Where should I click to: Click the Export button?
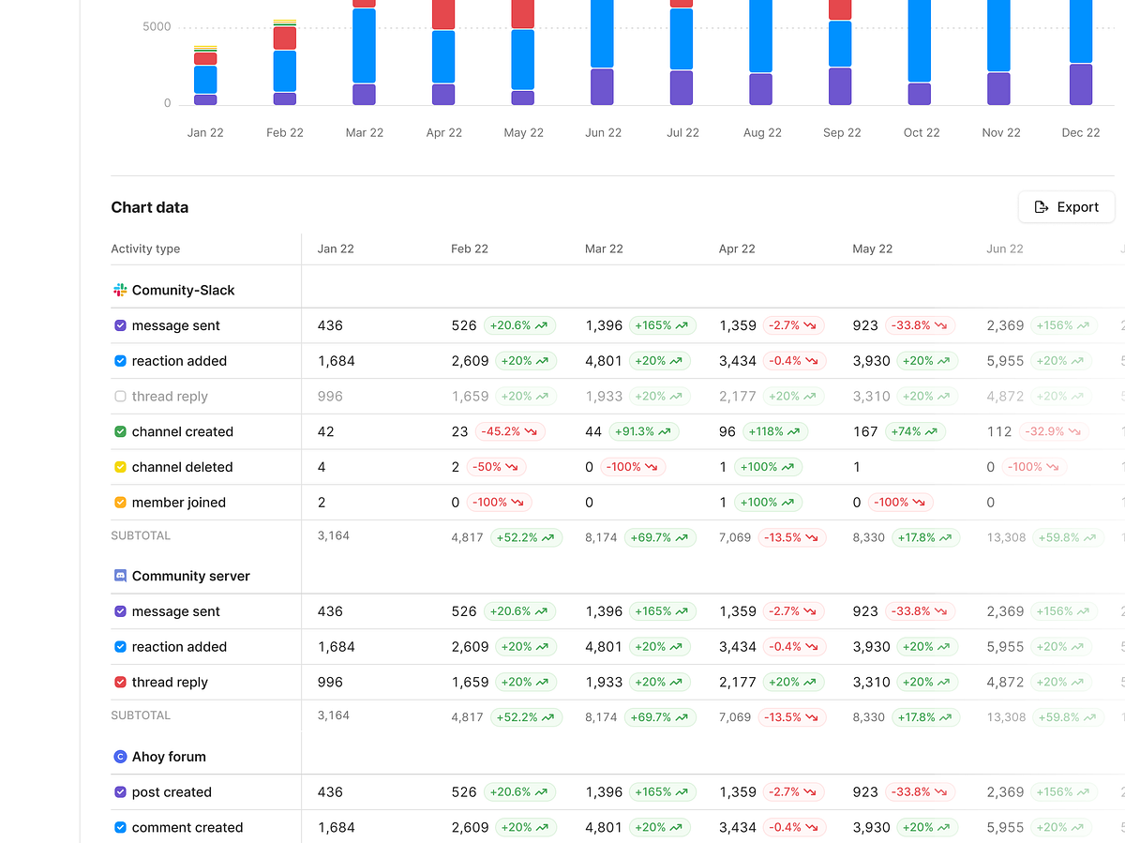point(1066,207)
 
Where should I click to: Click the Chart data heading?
point(150,207)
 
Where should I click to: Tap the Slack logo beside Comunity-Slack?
point(120,291)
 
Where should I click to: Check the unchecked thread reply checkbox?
point(120,397)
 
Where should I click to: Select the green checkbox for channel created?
point(120,432)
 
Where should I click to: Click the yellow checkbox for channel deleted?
point(120,467)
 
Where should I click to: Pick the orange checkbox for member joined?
point(120,503)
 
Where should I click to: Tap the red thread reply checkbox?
point(120,683)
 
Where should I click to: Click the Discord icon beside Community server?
point(120,576)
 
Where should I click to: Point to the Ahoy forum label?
point(169,757)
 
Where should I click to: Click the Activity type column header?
point(145,249)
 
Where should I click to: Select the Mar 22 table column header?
point(604,249)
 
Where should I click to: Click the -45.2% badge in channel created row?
point(510,432)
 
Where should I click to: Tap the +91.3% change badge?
point(644,432)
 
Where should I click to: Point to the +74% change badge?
point(915,432)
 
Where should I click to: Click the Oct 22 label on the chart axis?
point(922,133)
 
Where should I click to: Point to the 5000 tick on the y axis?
point(157,27)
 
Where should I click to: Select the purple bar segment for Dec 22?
point(1081,84)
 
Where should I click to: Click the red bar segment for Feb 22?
point(285,38)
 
